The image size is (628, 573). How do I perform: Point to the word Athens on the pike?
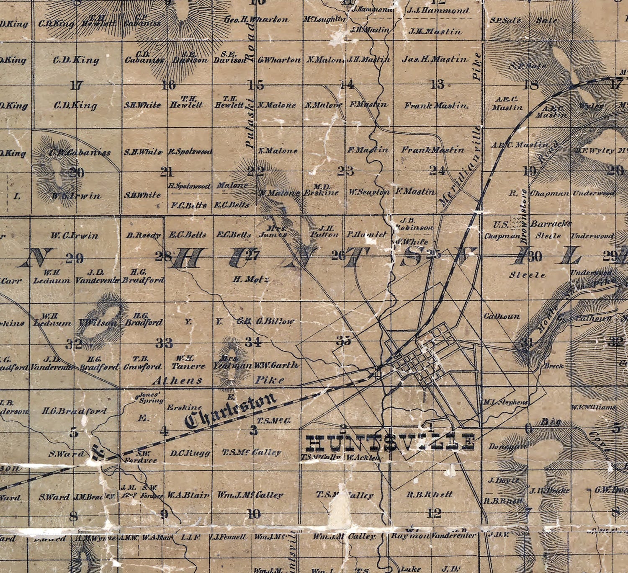point(177,380)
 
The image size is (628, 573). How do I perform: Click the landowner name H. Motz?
point(251,279)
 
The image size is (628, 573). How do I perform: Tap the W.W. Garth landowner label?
point(276,365)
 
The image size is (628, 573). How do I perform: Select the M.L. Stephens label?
point(506,402)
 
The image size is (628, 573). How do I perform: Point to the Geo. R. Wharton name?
point(256,20)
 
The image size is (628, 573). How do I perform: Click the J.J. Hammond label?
point(438,11)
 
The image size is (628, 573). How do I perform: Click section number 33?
point(164,343)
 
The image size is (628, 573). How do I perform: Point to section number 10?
point(254,514)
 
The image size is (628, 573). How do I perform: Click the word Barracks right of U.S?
point(551,224)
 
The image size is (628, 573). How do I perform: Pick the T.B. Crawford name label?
point(142,363)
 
